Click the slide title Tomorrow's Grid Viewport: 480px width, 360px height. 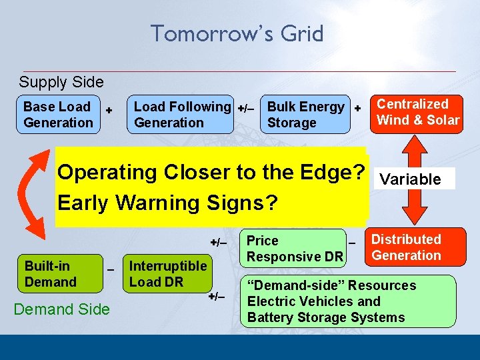click(x=237, y=33)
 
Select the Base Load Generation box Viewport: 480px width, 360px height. click(x=58, y=115)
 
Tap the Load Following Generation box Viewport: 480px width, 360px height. click(x=181, y=115)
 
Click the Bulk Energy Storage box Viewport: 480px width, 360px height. click(x=305, y=115)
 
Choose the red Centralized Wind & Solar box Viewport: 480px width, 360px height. click(x=418, y=112)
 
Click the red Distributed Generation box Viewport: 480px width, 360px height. click(x=406, y=247)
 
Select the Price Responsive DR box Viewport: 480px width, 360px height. click(x=294, y=248)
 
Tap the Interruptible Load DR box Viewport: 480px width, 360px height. click(x=167, y=273)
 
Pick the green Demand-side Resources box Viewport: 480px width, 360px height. click(x=348, y=301)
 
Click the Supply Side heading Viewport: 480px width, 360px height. click(x=61, y=82)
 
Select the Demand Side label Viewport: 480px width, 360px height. click(x=62, y=309)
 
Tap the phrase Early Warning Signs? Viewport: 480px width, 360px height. click(x=167, y=203)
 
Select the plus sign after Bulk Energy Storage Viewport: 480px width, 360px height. click(x=357, y=107)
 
